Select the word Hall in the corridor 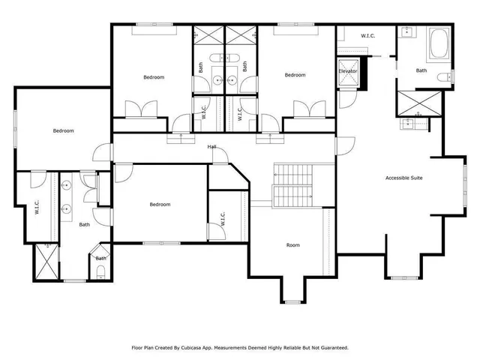pyautogui.click(x=212, y=146)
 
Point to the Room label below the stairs pyautogui.click(x=292, y=245)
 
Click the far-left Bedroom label pyautogui.click(x=63, y=130)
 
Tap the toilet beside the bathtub pyautogui.click(x=451, y=76)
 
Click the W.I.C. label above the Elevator pyautogui.click(x=367, y=35)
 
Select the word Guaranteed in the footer pyautogui.click(x=331, y=348)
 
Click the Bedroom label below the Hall pyautogui.click(x=160, y=204)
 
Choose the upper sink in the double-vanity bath pyautogui.click(x=65, y=187)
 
